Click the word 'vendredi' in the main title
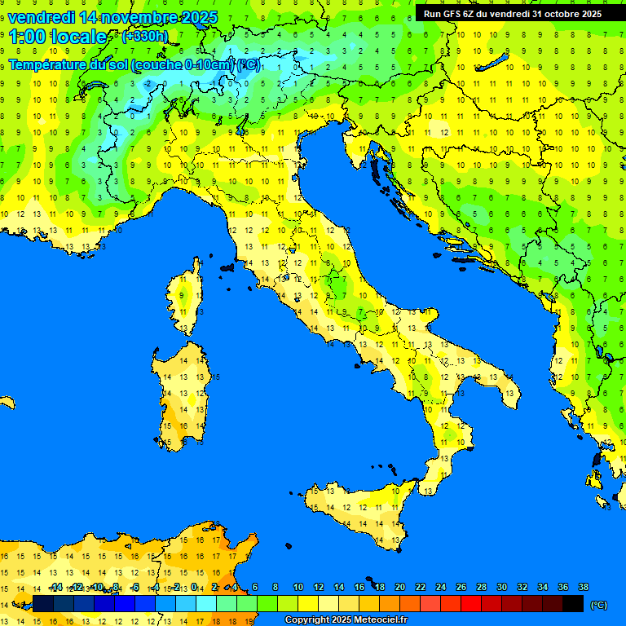click(x=41, y=16)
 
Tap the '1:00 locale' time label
click(x=58, y=37)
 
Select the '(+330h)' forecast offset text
click(x=145, y=36)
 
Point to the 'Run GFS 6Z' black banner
click(x=513, y=13)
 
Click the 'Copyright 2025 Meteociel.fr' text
click(x=346, y=620)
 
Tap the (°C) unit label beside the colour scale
click(x=598, y=604)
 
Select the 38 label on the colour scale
click(x=583, y=587)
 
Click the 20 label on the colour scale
click(x=399, y=587)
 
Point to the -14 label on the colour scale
click(x=55, y=587)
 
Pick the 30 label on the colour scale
click(x=501, y=587)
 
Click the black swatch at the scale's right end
click(x=573, y=603)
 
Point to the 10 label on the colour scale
click(x=298, y=587)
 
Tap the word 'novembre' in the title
click(x=131, y=16)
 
